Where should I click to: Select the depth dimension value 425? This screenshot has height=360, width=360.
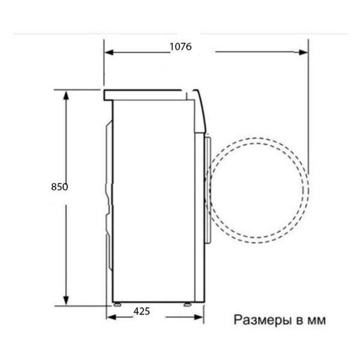pos(142,311)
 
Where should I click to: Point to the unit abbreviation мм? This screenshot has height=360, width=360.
pos(316,320)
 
